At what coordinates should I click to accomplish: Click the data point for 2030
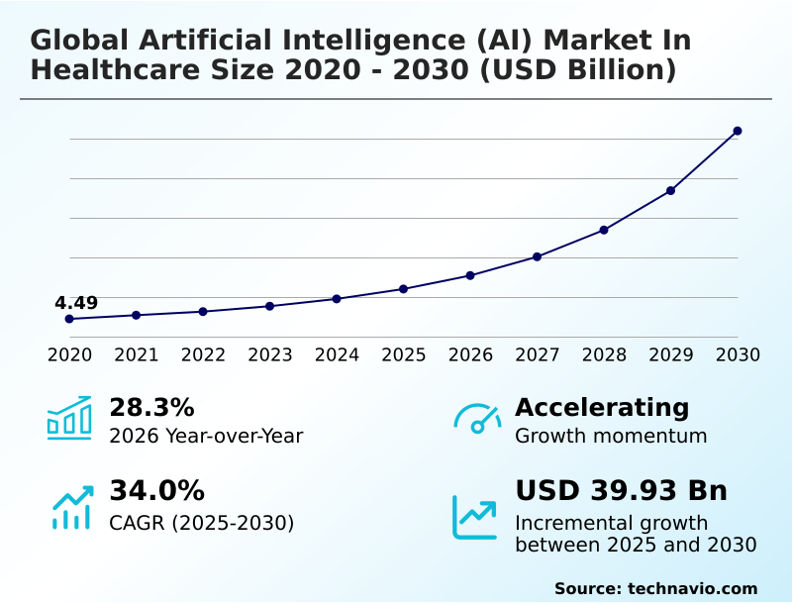pyautogui.click(x=738, y=131)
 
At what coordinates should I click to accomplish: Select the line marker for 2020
pyautogui.click(x=69, y=319)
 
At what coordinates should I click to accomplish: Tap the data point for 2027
pyautogui.click(x=537, y=256)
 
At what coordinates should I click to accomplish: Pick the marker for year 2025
pyautogui.click(x=403, y=289)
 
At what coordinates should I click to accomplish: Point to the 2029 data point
pyautogui.click(x=670, y=190)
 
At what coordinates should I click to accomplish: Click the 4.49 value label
pyautogui.click(x=76, y=303)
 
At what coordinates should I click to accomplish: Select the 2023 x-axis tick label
pyautogui.click(x=269, y=355)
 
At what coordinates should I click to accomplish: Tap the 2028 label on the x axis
pyautogui.click(x=604, y=355)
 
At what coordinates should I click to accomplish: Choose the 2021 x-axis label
pyautogui.click(x=136, y=355)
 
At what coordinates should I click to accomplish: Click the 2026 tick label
pyautogui.click(x=470, y=355)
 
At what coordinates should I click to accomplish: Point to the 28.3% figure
pyautogui.click(x=151, y=408)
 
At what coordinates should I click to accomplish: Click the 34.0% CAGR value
pyautogui.click(x=156, y=491)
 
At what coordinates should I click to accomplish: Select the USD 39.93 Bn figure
pyautogui.click(x=621, y=491)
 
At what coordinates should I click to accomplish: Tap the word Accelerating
pyautogui.click(x=602, y=408)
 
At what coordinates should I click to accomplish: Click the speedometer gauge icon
pyautogui.click(x=477, y=419)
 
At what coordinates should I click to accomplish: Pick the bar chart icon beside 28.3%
pyautogui.click(x=69, y=417)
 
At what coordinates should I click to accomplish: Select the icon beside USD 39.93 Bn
pyautogui.click(x=475, y=516)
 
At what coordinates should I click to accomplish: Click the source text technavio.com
pyautogui.click(x=692, y=588)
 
